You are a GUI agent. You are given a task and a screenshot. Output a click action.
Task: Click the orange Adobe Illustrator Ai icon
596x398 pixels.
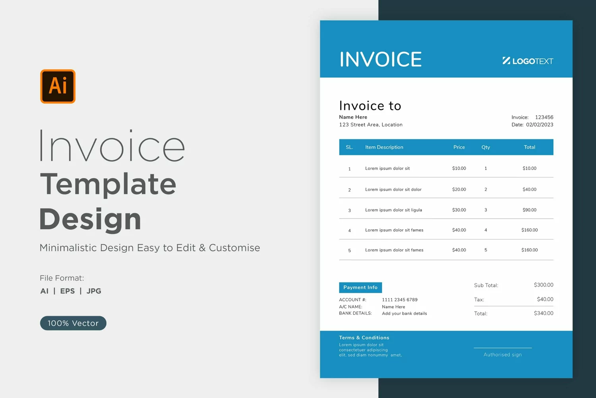(x=58, y=86)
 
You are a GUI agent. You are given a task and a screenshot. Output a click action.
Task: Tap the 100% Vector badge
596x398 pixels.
(x=73, y=323)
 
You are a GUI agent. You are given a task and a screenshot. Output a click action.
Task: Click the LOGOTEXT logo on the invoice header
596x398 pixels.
(x=528, y=61)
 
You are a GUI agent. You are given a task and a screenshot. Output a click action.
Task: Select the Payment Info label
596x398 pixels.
(x=360, y=287)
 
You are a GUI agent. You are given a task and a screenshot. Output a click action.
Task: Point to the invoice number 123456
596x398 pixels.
(x=544, y=117)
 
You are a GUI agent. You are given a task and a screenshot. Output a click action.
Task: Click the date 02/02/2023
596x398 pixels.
(x=540, y=125)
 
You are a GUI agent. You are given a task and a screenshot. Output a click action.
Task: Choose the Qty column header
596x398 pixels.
(x=486, y=147)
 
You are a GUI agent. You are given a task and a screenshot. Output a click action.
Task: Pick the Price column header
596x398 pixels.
(x=459, y=147)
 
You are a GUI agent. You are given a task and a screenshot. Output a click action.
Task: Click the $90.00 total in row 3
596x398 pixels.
(x=530, y=210)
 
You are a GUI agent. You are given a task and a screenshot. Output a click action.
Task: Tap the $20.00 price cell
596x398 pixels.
(x=459, y=189)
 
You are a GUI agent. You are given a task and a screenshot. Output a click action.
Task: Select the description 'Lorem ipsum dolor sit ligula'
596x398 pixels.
(x=393, y=210)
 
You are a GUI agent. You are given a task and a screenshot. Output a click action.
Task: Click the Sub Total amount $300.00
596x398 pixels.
(x=544, y=285)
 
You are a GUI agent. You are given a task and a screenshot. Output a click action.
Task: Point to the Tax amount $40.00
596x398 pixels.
(x=545, y=299)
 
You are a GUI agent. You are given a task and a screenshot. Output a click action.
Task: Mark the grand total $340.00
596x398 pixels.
(x=544, y=313)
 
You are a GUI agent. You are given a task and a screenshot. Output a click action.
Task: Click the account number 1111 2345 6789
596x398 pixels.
(x=400, y=300)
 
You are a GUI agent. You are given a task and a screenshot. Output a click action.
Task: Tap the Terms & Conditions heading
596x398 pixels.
(x=364, y=338)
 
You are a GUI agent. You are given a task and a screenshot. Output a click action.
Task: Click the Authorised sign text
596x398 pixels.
(x=503, y=355)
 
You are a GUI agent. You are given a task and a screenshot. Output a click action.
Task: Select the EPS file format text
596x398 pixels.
(x=67, y=291)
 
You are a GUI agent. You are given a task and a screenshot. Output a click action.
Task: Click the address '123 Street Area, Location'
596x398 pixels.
(x=371, y=125)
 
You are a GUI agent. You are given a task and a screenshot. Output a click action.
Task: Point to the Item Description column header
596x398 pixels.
(x=384, y=147)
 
